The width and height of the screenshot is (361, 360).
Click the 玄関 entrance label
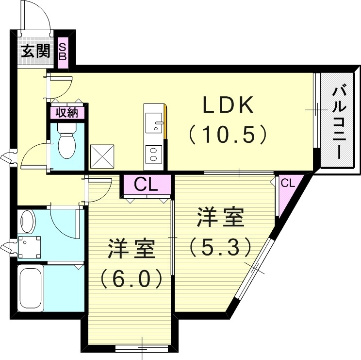[35, 51]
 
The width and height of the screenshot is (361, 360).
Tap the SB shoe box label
[63, 51]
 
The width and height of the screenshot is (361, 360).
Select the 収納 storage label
[67, 113]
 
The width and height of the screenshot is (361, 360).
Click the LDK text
[228, 105]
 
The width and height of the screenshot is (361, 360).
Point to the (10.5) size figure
[228, 134]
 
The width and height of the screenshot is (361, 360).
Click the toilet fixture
[66, 141]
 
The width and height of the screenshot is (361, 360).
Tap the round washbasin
[27, 222]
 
